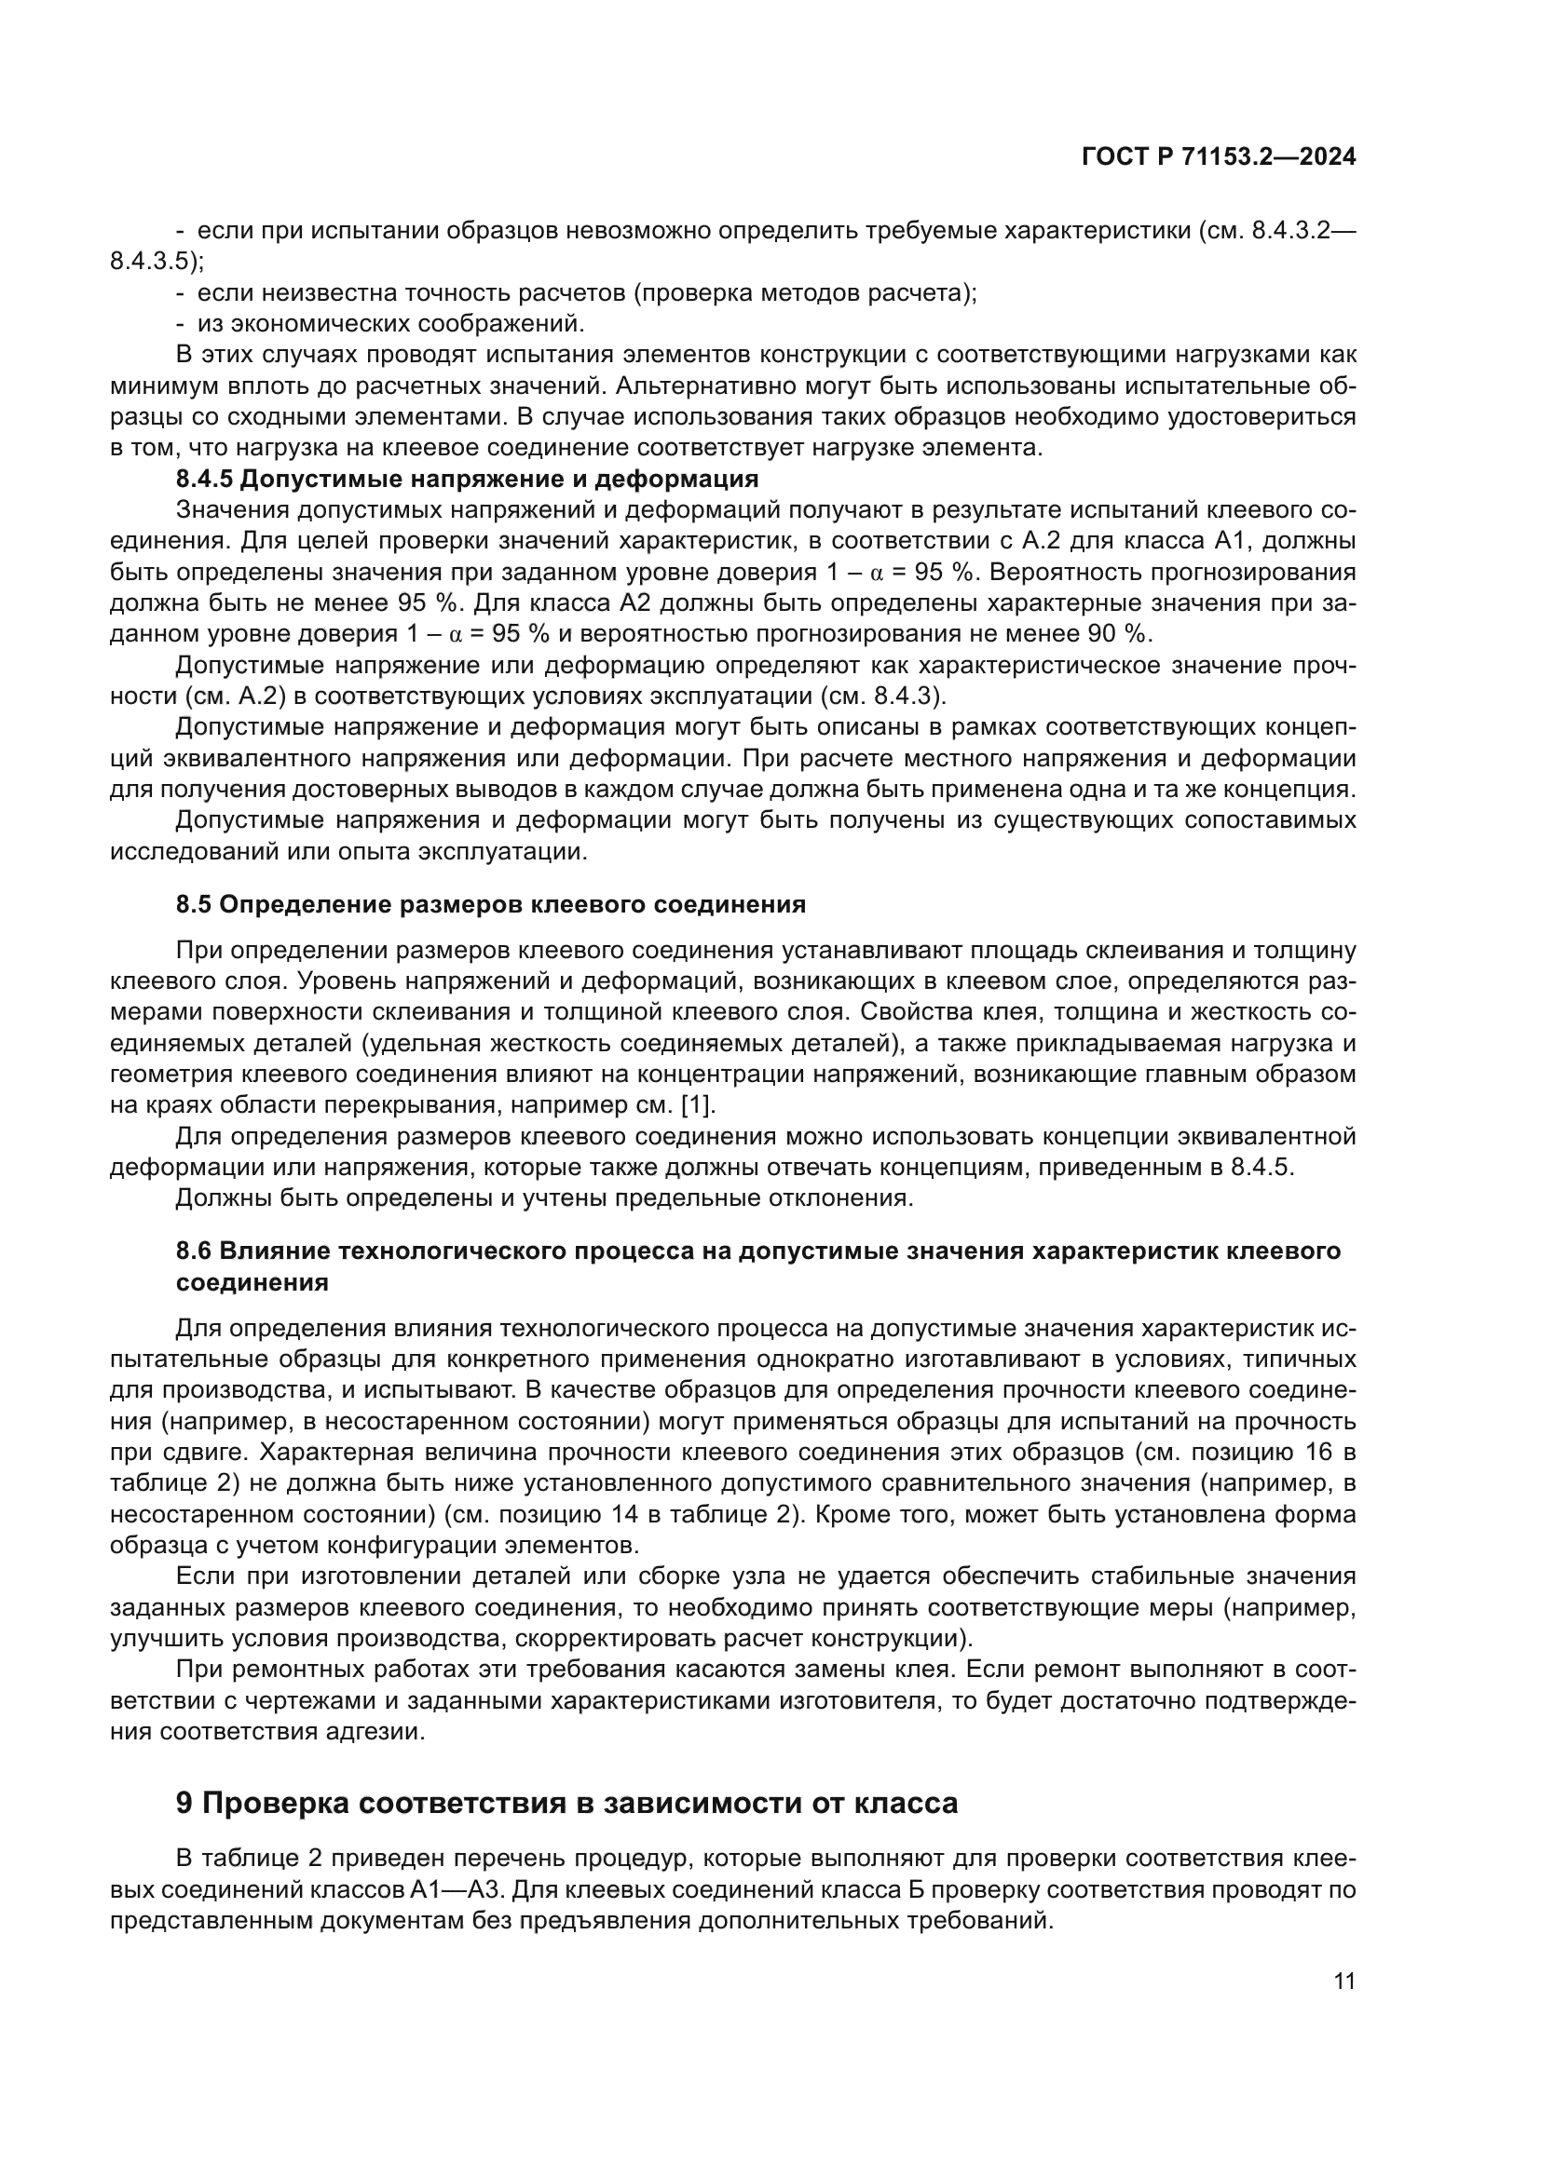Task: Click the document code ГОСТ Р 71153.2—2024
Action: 1219,157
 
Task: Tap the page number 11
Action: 1343,1981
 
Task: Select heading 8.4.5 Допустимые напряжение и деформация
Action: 467,479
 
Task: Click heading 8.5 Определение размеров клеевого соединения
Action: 491,904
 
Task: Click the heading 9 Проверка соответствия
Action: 566,1802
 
